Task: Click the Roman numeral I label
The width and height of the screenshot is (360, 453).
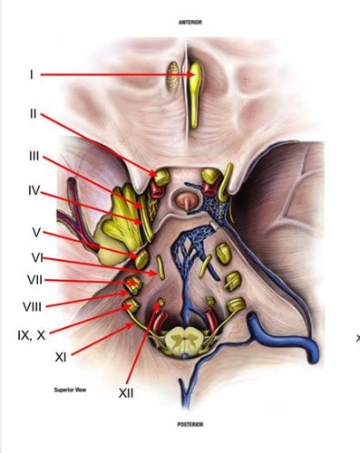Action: (32, 74)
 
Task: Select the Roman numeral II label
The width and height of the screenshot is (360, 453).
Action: (32, 114)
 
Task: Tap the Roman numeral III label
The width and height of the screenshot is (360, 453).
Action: (34, 157)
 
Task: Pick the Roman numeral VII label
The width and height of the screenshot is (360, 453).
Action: (34, 280)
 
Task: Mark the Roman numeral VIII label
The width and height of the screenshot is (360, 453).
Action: (32, 306)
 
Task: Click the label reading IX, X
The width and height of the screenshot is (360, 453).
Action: (31, 334)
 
